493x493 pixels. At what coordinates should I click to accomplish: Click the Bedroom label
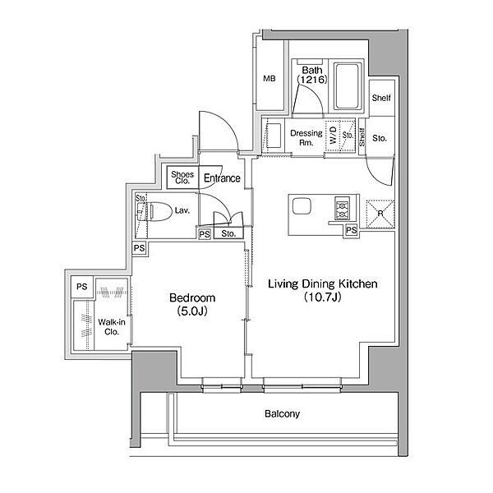click(192, 297)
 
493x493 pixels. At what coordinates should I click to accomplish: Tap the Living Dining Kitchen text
click(323, 284)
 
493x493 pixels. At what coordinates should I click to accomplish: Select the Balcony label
click(282, 414)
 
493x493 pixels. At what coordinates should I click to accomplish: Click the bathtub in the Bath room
click(347, 86)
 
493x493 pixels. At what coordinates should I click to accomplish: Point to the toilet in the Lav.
click(160, 210)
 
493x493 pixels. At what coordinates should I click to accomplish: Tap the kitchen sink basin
click(302, 206)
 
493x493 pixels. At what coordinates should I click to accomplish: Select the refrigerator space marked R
click(380, 214)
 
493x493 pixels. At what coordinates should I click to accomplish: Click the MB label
click(270, 79)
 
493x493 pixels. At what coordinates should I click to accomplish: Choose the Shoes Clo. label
click(182, 177)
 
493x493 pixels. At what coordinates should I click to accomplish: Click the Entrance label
click(222, 178)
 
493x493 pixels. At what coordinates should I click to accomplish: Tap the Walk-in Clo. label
click(112, 327)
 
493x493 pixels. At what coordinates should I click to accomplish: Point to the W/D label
click(333, 135)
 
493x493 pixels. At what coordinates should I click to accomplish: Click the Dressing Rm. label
click(306, 138)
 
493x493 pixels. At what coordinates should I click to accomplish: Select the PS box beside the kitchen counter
click(351, 230)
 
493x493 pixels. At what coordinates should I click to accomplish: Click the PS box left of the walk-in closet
click(82, 287)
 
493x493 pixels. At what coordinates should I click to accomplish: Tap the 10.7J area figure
click(323, 297)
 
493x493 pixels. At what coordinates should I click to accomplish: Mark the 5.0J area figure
click(192, 311)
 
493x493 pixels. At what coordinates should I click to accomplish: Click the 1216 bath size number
click(312, 80)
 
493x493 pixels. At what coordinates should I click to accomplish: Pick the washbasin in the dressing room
click(274, 136)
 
